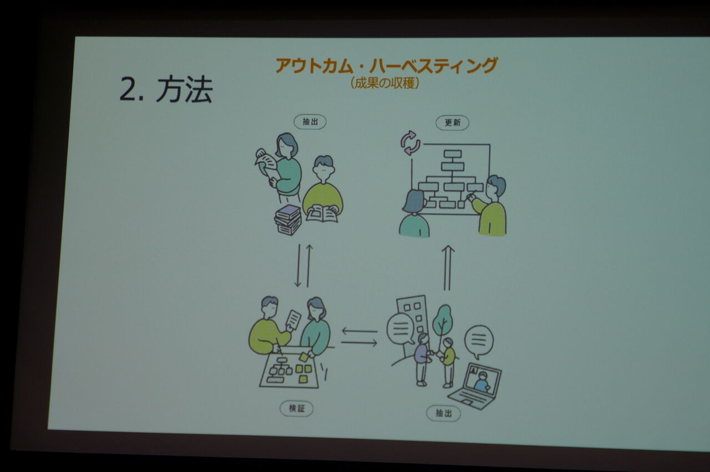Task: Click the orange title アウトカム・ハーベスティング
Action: coord(387,65)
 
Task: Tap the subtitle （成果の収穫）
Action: coord(385,83)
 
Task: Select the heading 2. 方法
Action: coord(165,90)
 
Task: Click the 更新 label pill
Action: coord(452,123)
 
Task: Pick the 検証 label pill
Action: coord(297,409)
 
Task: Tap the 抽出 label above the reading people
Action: coord(310,122)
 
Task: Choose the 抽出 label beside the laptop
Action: coord(443,413)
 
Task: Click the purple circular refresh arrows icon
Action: coord(410,143)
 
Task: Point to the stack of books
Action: coord(288,220)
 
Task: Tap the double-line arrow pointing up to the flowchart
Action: coord(448,268)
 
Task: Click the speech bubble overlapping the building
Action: coord(400,329)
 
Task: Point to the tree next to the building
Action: coord(442,326)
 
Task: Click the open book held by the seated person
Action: coord(322,214)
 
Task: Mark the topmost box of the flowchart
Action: coord(453,154)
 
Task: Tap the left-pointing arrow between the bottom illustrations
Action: coord(360,331)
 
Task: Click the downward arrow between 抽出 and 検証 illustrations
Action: coord(298,265)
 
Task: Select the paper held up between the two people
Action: coord(293,320)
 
